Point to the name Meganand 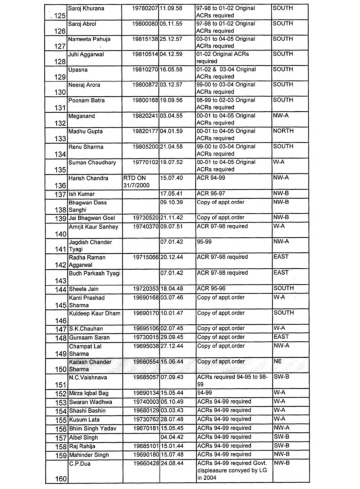(82, 116)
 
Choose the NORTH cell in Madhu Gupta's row (283, 131)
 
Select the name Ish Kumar (81, 194)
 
